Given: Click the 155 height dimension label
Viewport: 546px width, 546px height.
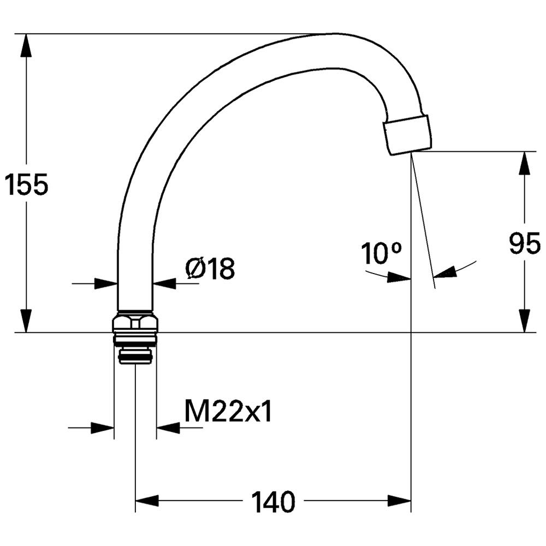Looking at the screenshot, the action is (x=27, y=185).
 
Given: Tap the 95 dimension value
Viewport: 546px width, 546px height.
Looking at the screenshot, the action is (x=525, y=244).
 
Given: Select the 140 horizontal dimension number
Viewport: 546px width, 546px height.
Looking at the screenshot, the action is (x=273, y=502).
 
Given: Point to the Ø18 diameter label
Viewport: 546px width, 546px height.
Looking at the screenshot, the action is (x=210, y=268).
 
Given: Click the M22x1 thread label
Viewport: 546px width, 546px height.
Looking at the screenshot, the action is (x=228, y=411).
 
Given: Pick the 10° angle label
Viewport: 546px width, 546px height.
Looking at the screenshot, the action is (x=381, y=253).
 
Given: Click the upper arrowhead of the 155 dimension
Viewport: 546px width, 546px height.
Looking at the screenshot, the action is (x=26, y=45).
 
